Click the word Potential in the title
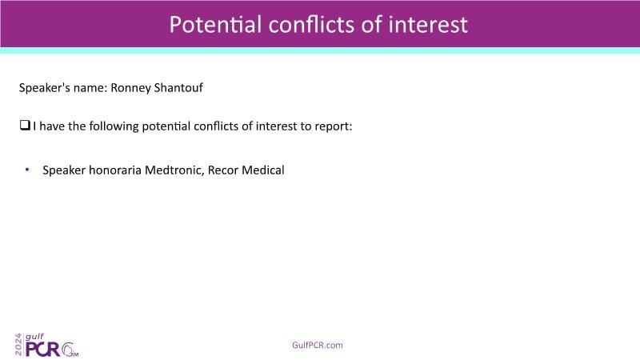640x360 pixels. coord(215,25)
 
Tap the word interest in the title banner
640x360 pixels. coord(428,25)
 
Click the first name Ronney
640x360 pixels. coord(130,88)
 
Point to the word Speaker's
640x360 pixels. coord(38,89)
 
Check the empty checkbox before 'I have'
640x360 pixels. coord(25,126)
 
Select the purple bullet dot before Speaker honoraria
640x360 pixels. coord(27,169)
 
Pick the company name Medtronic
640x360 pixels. coord(174,170)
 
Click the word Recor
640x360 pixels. coord(223,170)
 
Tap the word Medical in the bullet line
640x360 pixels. coord(263,170)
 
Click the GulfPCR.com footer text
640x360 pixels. coord(318,346)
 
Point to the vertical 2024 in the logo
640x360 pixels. coord(18,345)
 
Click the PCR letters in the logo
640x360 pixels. coord(43,350)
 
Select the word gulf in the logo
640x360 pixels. coord(34,337)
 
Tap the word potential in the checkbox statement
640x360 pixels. coord(166,127)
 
